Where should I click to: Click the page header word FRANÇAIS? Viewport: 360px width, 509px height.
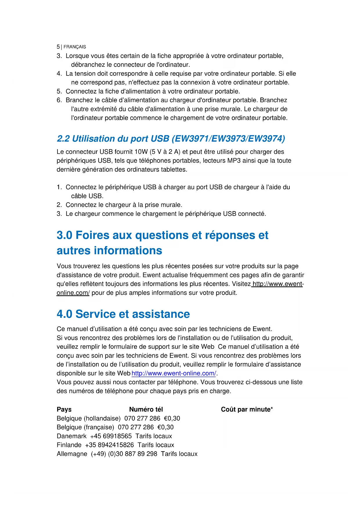click(75, 47)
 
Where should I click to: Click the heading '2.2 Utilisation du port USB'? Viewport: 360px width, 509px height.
click(113, 139)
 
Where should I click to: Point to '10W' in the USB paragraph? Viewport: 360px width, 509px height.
click(141, 152)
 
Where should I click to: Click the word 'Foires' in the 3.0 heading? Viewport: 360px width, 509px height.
click(92, 235)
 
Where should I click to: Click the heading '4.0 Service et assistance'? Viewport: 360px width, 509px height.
click(123, 314)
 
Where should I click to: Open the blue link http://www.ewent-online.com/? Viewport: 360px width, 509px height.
click(174, 373)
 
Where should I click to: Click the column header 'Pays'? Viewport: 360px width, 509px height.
click(64, 409)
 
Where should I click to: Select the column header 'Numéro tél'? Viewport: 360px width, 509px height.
click(146, 409)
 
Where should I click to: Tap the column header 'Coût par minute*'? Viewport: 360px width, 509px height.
click(247, 409)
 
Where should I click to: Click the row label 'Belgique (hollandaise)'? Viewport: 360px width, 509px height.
click(88, 418)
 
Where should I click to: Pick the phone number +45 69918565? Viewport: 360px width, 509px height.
click(111, 436)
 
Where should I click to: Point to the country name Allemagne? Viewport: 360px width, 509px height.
click(72, 454)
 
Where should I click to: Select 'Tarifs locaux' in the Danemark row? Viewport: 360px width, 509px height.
click(153, 436)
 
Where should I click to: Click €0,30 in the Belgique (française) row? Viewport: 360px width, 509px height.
click(165, 427)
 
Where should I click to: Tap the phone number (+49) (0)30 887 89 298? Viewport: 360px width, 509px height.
click(124, 454)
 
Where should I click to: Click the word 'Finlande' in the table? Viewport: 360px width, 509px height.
click(69, 445)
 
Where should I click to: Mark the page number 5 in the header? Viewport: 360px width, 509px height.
click(58, 47)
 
